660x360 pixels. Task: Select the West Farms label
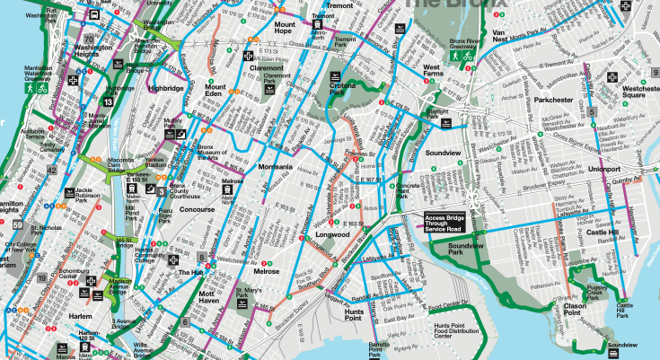coord(432,71)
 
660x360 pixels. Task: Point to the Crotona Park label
coord(338,89)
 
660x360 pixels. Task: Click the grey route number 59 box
coord(6,285)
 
